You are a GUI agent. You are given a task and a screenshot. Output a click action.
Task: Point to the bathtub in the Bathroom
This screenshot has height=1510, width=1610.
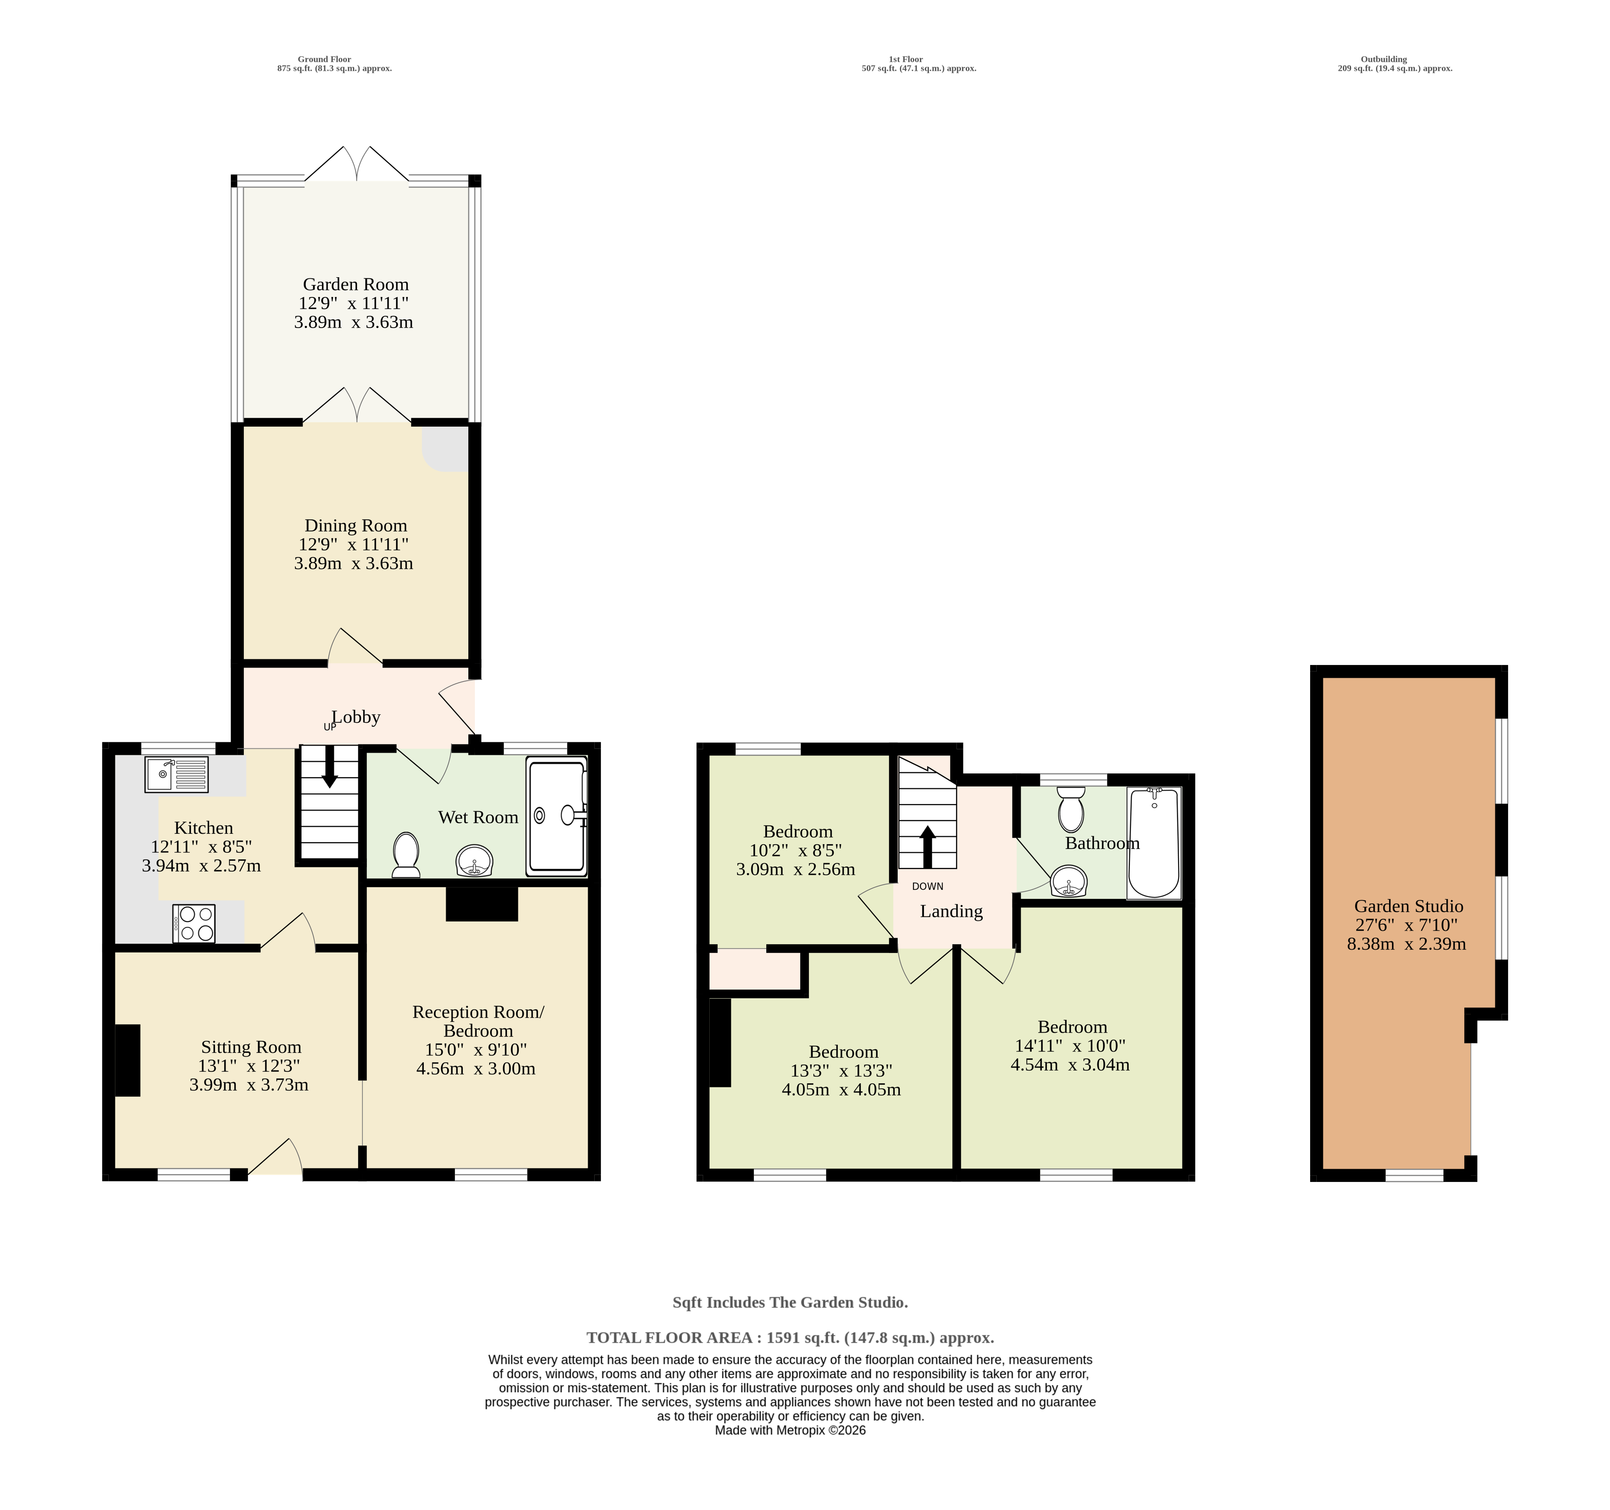(x=1154, y=843)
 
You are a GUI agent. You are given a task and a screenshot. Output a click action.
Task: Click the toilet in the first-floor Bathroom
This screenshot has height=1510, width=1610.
(x=1071, y=809)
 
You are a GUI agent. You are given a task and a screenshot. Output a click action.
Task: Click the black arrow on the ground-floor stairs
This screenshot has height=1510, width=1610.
(x=330, y=766)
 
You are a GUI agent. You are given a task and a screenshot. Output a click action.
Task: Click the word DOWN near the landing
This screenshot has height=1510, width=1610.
(x=927, y=887)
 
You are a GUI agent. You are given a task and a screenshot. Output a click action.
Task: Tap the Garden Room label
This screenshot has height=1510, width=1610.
(x=355, y=284)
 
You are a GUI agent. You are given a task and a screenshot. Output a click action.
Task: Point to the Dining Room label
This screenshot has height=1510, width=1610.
(x=355, y=526)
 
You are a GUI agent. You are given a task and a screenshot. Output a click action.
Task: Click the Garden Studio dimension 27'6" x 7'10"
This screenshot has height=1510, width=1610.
(x=1407, y=925)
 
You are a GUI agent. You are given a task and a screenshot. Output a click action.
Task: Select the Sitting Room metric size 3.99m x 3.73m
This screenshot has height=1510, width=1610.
(x=249, y=1085)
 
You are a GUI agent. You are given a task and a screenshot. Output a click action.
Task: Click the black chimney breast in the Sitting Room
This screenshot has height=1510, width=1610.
(x=127, y=1061)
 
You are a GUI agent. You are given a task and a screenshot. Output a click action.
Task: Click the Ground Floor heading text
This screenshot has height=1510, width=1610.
(x=324, y=59)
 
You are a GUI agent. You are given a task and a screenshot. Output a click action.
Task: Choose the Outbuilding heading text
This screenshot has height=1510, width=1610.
(x=1384, y=59)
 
